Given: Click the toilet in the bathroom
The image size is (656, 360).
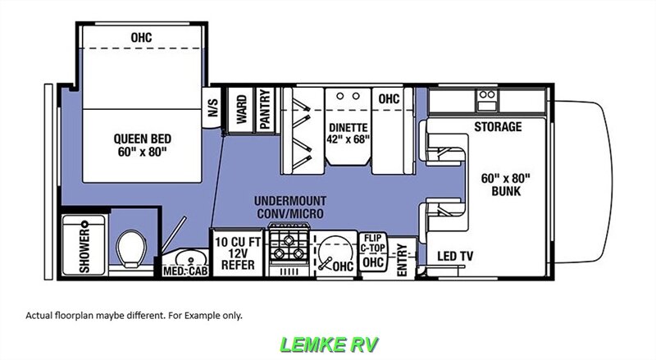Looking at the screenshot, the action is click(x=131, y=248).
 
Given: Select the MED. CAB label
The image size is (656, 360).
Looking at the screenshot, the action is click(x=185, y=271).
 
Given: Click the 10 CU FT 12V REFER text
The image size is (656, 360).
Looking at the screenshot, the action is click(x=238, y=253).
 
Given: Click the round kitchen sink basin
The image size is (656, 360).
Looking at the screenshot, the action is click(x=335, y=252).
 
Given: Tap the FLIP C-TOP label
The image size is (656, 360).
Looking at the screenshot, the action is click(x=372, y=244).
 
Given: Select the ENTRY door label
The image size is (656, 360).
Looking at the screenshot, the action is click(x=402, y=260).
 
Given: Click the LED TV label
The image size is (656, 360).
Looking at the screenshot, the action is click(x=455, y=256).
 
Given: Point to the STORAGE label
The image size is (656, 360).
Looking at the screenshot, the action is click(x=498, y=126).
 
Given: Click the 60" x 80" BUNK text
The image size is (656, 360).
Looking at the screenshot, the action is click(x=505, y=185).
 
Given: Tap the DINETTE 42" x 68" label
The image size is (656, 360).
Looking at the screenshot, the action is click(x=348, y=133).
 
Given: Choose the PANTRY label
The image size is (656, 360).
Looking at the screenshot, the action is click(x=265, y=110).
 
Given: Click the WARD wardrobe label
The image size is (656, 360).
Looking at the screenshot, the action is click(x=242, y=109).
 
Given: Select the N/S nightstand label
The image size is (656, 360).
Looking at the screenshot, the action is click(x=213, y=107).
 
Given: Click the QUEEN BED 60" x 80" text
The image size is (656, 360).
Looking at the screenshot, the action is click(x=142, y=145).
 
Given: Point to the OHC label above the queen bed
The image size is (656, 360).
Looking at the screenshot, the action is click(x=141, y=37).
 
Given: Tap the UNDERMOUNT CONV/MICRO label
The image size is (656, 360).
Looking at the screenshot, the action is click(x=290, y=207).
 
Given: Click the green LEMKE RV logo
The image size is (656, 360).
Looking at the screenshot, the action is click(x=329, y=344).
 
